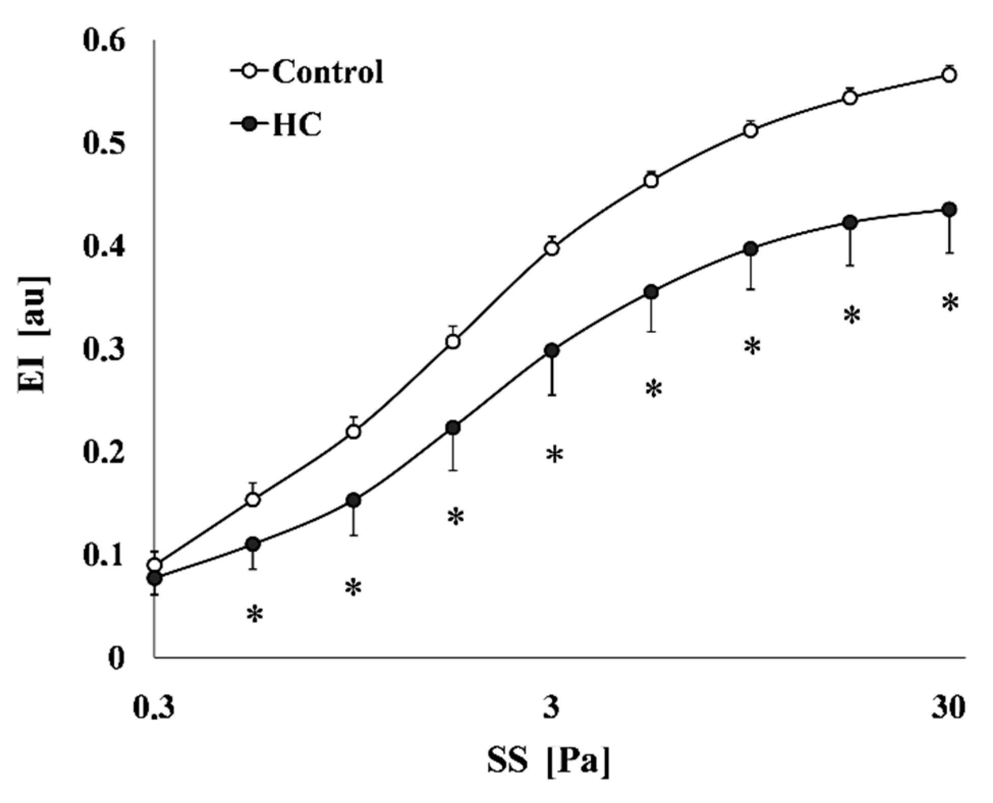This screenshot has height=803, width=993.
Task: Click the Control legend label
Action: point(327,72)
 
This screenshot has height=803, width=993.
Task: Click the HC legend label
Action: point(297,124)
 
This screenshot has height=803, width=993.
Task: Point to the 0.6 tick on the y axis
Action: point(104,41)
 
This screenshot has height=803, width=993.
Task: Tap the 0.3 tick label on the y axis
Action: point(104,350)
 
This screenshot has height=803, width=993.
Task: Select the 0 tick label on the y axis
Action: point(116,658)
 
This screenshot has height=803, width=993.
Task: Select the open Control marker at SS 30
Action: point(949,75)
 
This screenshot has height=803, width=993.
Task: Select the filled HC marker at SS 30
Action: point(949,210)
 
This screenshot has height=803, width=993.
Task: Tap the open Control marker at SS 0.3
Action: point(155,565)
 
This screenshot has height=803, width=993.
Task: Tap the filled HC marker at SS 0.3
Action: point(155,578)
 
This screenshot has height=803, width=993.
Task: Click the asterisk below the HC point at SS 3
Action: point(554,455)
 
